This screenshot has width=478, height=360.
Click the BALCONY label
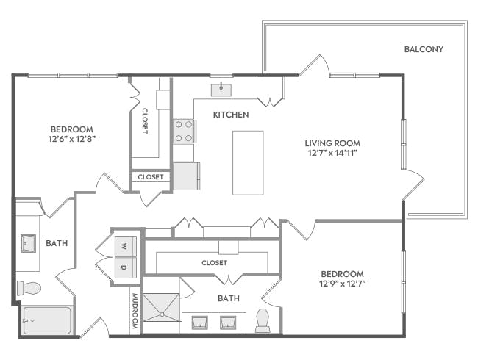click(x=424, y=50)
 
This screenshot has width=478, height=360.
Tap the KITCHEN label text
click(x=231, y=115)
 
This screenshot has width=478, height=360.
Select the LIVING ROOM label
click(x=332, y=143)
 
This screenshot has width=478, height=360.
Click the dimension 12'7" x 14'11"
click(x=332, y=154)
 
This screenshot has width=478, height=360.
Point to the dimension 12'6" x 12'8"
click(x=71, y=138)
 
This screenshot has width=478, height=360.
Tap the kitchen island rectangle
click(x=247, y=162)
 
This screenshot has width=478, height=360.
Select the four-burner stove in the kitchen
click(x=183, y=132)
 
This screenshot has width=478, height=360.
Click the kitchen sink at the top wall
click(x=221, y=90)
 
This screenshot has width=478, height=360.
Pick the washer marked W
click(x=124, y=245)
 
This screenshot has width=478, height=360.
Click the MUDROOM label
click(x=135, y=311)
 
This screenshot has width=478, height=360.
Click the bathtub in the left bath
click(x=46, y=320)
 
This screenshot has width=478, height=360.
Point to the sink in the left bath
click(x=29, y=242)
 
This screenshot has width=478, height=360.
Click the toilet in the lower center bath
click(x=263, y=320)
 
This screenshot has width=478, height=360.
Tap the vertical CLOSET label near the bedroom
click(x=144, y=121)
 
